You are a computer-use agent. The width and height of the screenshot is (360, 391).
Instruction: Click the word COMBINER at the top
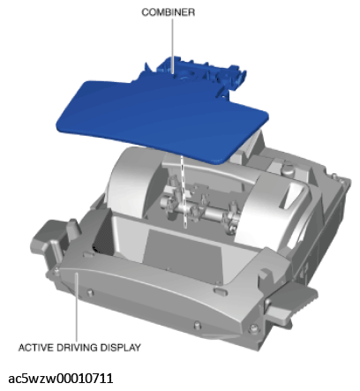(168, 12)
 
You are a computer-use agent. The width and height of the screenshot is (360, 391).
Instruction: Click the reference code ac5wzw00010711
(61, 379)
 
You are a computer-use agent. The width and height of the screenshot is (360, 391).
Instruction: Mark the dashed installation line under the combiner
(184, 192)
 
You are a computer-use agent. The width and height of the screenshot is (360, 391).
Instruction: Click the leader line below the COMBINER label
(173, 46)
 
